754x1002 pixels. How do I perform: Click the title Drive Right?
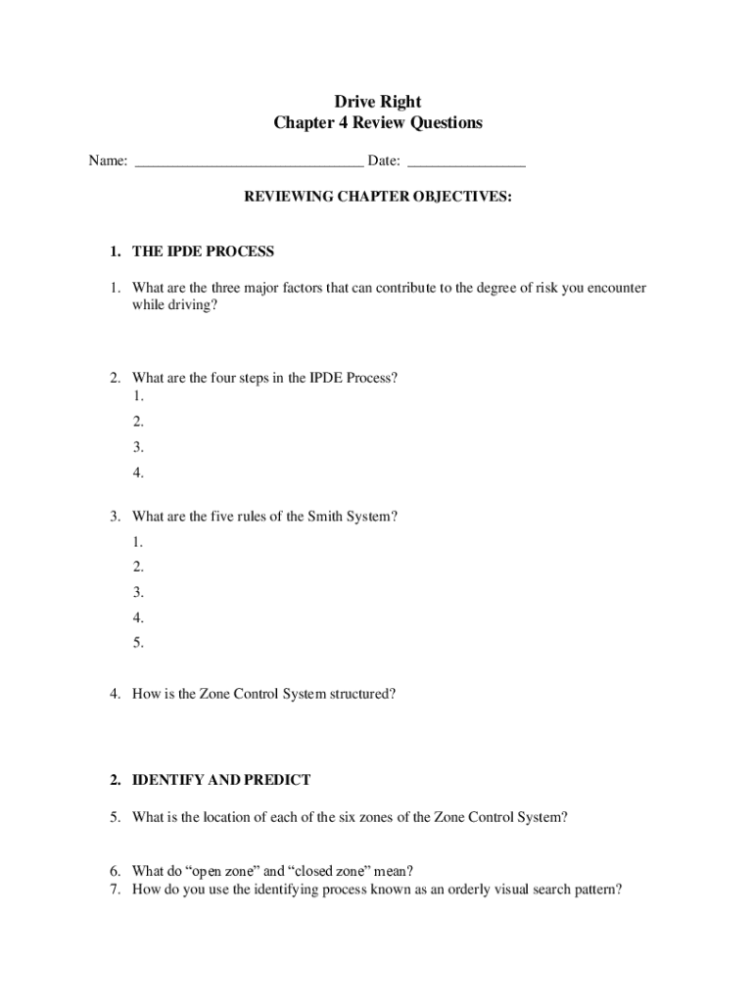[378, 101]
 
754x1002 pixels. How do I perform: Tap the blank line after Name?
[249, 162]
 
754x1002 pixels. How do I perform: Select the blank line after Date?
[466, 162]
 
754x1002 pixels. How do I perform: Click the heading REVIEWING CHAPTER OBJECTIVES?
[378, 197]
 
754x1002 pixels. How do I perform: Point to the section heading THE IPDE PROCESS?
[203, 251]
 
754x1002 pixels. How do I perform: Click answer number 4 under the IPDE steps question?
[139, 474]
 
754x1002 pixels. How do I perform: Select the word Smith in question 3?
[314, 516]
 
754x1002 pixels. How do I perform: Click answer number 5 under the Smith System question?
[139, 643]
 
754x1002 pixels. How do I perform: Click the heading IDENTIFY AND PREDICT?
[221, 780]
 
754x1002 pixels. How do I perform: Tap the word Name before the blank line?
[106, 161]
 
